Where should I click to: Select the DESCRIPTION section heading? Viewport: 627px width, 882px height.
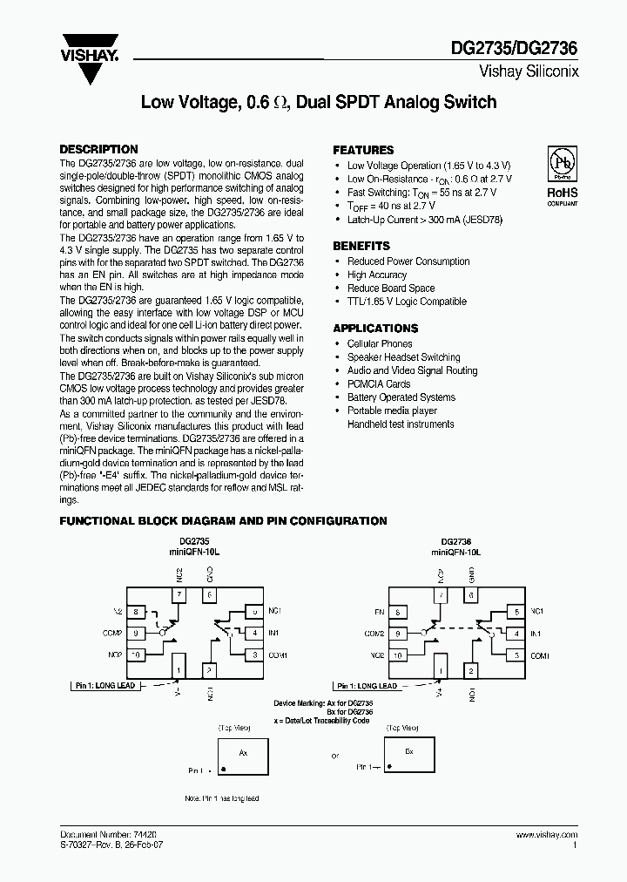(98, 149)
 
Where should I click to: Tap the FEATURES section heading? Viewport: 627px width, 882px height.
(363, 150)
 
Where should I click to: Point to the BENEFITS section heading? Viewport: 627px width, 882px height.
(361, 246)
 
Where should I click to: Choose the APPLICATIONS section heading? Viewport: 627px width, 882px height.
(375, 329)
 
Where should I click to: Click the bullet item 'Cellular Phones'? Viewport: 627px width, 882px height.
(380, 343)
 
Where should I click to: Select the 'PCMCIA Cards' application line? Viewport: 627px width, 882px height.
(378, 383)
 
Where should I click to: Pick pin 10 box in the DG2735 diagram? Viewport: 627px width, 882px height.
(136, 654)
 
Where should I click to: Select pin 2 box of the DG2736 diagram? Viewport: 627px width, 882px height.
(470, 670)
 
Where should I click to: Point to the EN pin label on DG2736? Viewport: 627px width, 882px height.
(378, 614)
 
